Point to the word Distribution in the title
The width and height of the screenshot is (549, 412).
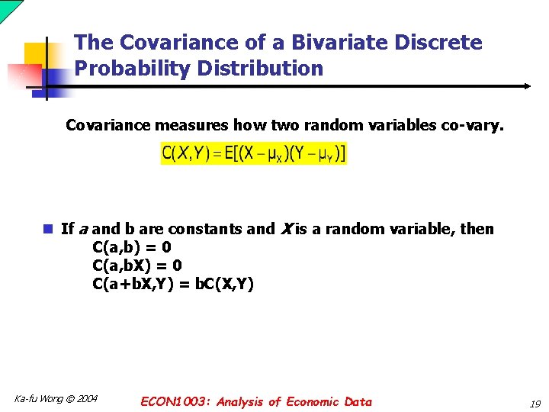coord(259,69)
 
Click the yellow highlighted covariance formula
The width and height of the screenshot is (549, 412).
coord(254,153)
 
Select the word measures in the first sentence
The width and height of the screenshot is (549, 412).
coord(187,125)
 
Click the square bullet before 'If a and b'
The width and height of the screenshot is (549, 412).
coord(48,229)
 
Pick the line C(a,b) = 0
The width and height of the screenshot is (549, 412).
coord(131,247)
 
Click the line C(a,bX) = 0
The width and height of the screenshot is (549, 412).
coord(136,266)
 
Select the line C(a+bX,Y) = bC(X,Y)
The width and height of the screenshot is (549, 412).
coord(172,285)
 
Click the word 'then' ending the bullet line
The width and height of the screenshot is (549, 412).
coord(477,229)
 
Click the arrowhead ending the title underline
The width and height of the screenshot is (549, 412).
coord(526,86)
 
